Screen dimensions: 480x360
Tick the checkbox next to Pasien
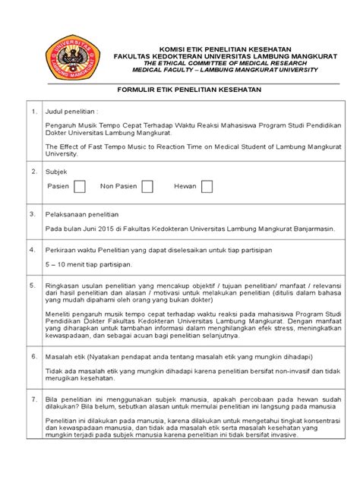(x=80, y=187)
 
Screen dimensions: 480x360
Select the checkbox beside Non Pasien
(x=147, y=187)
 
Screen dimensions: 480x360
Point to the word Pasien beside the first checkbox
(x=58, y=187)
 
